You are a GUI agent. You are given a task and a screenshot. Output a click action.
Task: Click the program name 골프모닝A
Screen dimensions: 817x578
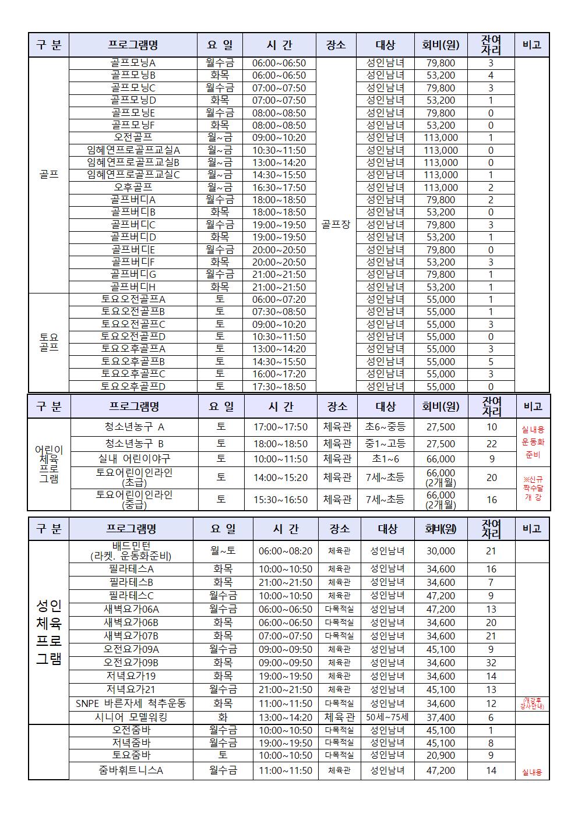click(x=133, y=63)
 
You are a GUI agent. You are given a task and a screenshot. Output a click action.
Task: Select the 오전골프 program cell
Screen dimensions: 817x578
click(x=133, y=137)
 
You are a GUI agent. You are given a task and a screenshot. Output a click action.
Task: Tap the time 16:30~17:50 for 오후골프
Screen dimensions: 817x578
click(x=279, y=188)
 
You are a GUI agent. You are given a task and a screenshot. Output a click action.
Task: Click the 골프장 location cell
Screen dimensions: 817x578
click(x=336, y=224)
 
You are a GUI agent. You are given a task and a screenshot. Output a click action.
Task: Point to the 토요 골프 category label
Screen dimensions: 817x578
click(x=49, y=342)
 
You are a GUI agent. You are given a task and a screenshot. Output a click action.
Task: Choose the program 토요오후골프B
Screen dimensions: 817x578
click(x=133, y=362)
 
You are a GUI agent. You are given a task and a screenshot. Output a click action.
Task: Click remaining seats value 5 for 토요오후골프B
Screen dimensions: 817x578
click(x=491, y=362)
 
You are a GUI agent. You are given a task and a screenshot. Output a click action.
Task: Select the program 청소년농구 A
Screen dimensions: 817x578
click(x=135, y=427)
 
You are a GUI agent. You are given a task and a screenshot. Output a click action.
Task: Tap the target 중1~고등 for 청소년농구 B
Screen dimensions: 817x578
click(x=385, y=444)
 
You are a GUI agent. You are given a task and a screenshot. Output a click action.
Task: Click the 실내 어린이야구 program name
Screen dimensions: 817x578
click(x=135, y=459)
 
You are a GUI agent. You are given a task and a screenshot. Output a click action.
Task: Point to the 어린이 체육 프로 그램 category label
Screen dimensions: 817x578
click(x=49, y=464)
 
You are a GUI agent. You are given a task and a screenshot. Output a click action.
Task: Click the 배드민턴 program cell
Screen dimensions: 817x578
click(x=131, y=551)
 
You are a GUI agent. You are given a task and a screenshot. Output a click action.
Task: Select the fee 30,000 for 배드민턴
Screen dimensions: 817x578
click(x=440, y=551)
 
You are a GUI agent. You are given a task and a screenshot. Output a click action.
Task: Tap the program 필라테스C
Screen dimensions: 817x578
click(x=131, y=596)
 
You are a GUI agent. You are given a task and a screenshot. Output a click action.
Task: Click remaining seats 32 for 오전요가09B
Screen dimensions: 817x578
click(x=491, y=663)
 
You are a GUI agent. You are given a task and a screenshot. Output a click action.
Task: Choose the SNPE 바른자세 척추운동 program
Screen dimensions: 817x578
click(x=131, y=703)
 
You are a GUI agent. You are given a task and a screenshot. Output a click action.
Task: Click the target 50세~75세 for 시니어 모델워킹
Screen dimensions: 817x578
click(x=387, y=717)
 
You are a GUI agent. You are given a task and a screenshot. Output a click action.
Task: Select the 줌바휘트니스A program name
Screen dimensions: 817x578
click(x=131, y=770)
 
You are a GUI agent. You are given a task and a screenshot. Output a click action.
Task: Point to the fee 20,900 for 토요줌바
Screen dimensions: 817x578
click(x=440, y=755)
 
